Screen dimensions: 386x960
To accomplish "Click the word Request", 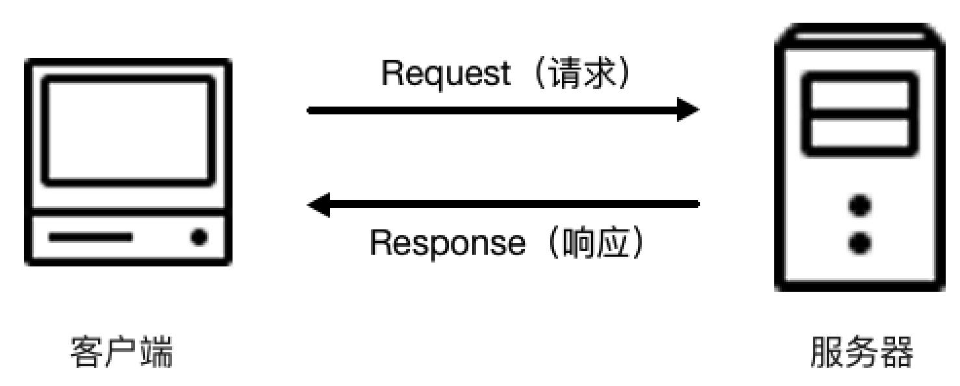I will point(447,75).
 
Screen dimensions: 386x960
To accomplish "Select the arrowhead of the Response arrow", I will point(320,205).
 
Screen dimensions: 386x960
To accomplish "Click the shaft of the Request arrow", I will point(487,109).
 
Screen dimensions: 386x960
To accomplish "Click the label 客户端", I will point(121,354).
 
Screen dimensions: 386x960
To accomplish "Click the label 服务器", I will point(862,354).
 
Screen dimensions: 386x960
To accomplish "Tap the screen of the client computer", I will point(128,130).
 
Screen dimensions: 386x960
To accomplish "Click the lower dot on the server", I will point(861,243).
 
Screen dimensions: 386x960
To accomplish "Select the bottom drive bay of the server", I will point(861,135).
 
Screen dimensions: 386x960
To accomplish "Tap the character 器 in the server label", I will point(897,354).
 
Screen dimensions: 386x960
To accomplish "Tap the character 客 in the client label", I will point(87,354).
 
